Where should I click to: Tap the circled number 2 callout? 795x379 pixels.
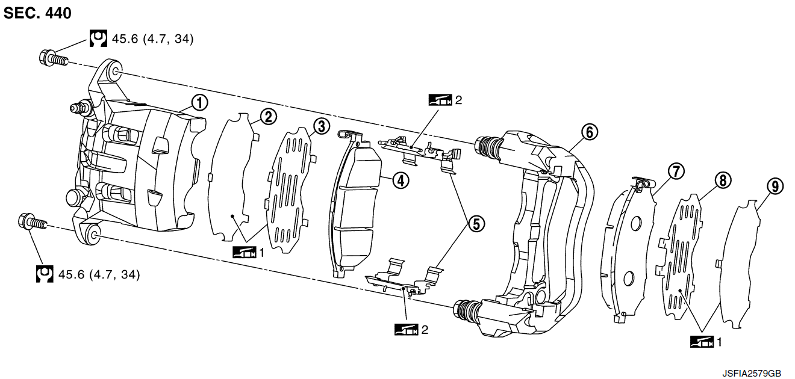pos(269,116)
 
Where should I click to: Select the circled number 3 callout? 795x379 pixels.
pos(320,126)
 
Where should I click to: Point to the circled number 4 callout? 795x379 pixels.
pos(399,179)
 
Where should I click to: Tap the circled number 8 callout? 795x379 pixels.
pos(723,179)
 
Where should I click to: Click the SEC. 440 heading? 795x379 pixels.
pos(37,13)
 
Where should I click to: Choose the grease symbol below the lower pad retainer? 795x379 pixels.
pos(405,329)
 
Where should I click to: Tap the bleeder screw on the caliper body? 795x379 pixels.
pos(76,108)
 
